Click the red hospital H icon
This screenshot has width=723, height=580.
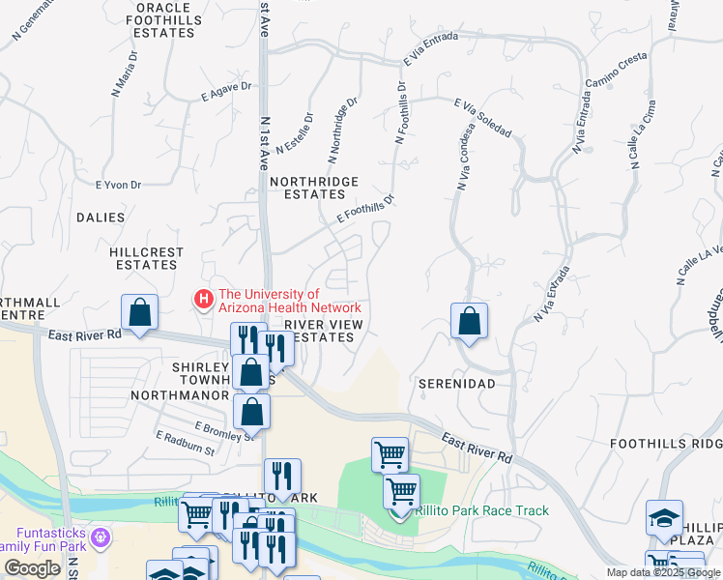[x=203, y=300]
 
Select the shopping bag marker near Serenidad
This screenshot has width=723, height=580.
[x=469, y=323]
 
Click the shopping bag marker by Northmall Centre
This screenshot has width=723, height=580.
[x=140, y=314]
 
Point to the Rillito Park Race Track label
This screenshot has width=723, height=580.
[x=481, y=510]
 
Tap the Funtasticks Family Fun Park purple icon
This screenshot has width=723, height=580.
[x=99, y=536]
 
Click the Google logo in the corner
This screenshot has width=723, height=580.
[x=32, y=568]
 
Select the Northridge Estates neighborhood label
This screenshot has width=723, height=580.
[x=314, y=188]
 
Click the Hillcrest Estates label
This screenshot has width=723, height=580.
[x=146, y=258]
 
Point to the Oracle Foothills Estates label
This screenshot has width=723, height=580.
[x=164, y=19]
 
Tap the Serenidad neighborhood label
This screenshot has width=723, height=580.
[x=456, y=384]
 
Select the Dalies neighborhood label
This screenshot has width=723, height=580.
[x=101, y=218]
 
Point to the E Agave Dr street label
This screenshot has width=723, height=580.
[x=226, y=91]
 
